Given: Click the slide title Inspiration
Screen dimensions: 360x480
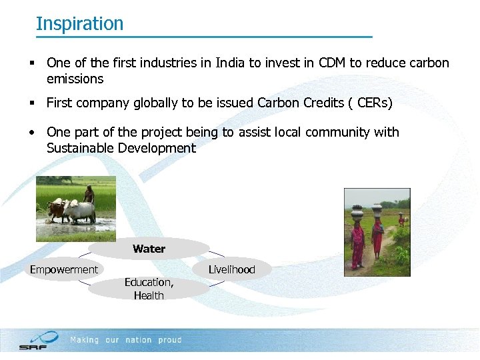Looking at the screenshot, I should pyautogui.click(x=79, y=23).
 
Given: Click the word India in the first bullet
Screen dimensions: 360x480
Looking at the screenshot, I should pyautogui.click(x=228, y=63).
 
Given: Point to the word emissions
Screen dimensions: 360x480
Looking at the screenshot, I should pyautogui.click(x=75, y=79).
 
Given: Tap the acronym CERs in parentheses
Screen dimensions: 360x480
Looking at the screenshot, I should pyautogui.click(x=373, y=103).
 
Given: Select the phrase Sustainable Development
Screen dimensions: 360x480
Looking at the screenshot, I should pyautogui.click(x=121, y=148).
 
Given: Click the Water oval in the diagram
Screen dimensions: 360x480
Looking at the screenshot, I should pyautogui.click(x=149, y=249).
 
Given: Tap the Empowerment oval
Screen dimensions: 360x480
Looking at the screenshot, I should pyautogui.click(x=64, y=269).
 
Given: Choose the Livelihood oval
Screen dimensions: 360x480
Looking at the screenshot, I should pyautogui.click(x=231, y=269).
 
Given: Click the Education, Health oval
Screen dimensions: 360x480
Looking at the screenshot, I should pyautogui.click(x=149, y=289).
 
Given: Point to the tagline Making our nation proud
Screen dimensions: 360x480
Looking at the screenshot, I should pyautogui.click(x=126, y=340).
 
